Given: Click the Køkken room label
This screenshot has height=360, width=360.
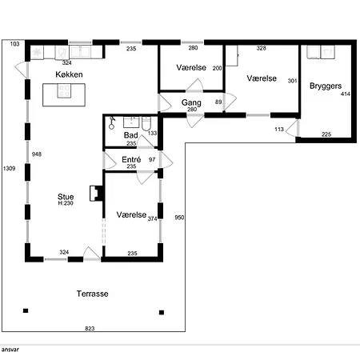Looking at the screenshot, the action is pyautogui.click(x=69, y=74).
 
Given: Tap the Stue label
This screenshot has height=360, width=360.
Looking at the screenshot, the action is pyautogui.click(x=66, y=197).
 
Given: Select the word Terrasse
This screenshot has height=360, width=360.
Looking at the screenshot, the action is pyautogui.click(x=93, y=294).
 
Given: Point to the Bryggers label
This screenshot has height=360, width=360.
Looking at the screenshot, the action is pyautogui.click(x=326, y=86).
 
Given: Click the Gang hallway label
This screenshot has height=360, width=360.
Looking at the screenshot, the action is pyautogui.click(x=191, y=102).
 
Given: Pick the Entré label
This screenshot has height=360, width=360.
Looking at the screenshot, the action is pyautogui.click(x=131, y=159).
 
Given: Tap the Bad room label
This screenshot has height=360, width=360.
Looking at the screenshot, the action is pyautogui.click(x=131, y=135).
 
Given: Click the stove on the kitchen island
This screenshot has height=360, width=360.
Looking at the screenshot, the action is pyautogui.click(x=64, y=91).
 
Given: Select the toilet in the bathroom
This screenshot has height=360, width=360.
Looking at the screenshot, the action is pyautogui.click(x=146, y=123).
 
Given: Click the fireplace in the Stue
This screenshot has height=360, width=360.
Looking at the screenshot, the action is pyautogui.click(x=96, y=194).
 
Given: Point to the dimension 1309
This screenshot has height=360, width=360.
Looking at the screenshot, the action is pyautogui.click(x=10, y=168).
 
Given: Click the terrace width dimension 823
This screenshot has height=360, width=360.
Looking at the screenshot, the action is pyautogui.click(x=90, y=328).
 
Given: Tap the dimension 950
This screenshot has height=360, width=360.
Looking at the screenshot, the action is pyautogui.click(x=179, y=218).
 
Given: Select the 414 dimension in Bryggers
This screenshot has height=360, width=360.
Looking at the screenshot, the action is pyautogui.click(x=346, y=94).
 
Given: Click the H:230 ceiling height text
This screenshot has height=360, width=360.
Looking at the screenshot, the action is pyautogui.click(x=66, y=203).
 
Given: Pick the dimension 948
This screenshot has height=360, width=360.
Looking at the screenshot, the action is pyautogui.click(x=37, y=154).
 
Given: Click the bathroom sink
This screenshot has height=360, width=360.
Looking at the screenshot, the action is pyautogui.click(x=131, y=122).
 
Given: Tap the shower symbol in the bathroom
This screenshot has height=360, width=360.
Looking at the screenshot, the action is pyautogui.click(x=112, y=123).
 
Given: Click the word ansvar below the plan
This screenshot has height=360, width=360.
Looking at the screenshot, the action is pyautogui.click(x=10, y=350).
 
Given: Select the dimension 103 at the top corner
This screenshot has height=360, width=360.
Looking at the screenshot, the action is pyautogui.click(x=15, y=44).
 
